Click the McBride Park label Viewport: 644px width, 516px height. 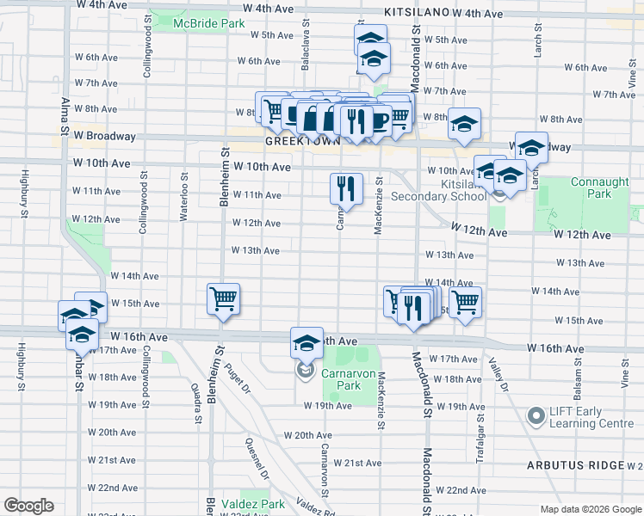click(207, 23)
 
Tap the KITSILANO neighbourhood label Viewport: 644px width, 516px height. click(417, 12)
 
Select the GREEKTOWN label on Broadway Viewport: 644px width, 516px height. click(298, 140)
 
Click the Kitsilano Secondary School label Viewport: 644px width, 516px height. click(438, 190)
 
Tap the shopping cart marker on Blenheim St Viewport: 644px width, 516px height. click(223, 299)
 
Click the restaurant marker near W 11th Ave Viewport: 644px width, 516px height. click(346, 188)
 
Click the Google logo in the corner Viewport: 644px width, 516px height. click(28, 506)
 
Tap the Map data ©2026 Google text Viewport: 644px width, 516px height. click(590, 509)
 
